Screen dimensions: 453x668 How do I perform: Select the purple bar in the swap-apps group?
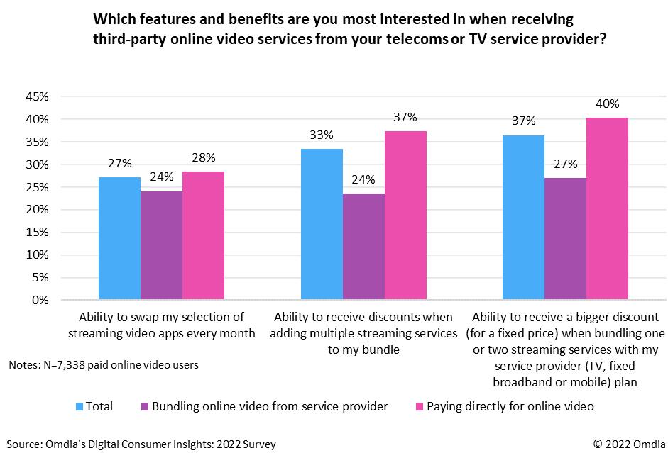161,245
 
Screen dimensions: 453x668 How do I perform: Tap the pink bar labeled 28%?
203,235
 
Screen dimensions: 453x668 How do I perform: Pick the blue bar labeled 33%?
322,224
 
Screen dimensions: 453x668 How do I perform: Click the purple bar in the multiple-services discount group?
363,246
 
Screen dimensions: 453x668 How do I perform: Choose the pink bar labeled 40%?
607,208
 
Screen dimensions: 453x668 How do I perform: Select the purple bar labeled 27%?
565,239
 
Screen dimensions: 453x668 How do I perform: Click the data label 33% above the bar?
322,134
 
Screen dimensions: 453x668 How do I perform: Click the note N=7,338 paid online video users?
104,365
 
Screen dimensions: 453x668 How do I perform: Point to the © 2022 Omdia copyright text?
624,444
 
